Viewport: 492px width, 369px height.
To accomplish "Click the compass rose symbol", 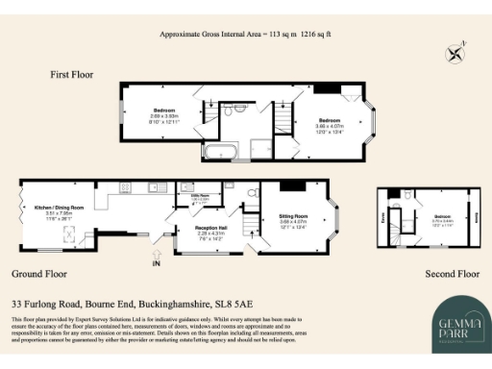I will (x=455, y=51).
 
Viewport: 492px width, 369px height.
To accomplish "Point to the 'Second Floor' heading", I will (x=452, y=274).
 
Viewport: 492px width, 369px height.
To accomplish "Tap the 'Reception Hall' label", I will (x=197, y=228).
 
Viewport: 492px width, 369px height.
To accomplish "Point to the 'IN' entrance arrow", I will (x=156, y=259).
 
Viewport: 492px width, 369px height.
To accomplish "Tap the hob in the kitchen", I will (x=125, y=186).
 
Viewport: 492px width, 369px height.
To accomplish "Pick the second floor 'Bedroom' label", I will (x=441, y=216).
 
